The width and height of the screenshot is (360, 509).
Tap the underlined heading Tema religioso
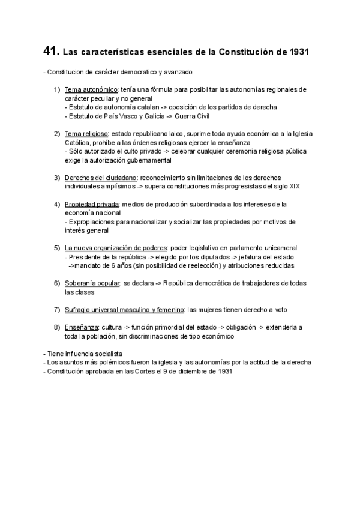coord(86,133)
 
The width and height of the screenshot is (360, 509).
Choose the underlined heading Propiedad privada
coord(92,204)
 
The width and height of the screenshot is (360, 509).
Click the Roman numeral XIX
coord(295,186)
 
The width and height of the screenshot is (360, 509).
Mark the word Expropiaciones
coord(94,221)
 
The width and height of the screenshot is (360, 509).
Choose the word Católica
coord(79,143)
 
